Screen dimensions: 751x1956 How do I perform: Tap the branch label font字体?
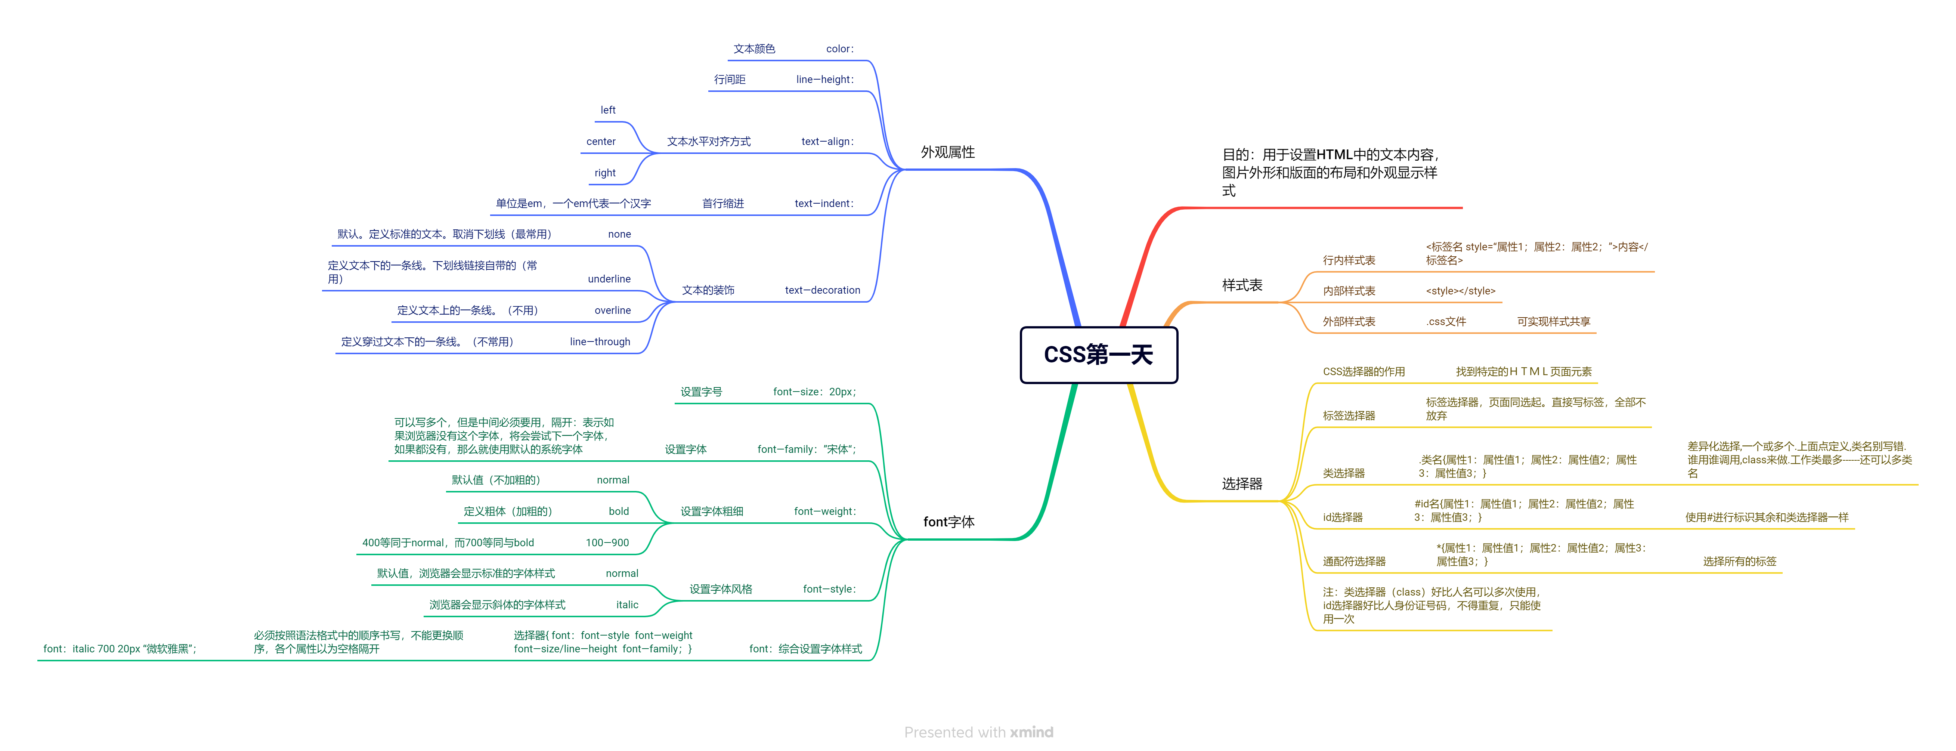click(948, 522)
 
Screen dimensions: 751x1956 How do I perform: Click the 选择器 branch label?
click(1241, 484)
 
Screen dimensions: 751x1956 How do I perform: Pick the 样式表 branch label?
click(1241, 285)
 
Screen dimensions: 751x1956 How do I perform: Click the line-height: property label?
click(824, 79)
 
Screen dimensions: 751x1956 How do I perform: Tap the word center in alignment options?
click(601, 141)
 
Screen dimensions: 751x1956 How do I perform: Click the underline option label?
click(609, 279)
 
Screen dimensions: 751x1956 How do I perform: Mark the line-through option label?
click(600, 342)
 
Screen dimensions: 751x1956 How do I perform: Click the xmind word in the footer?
click(1031, 732)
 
